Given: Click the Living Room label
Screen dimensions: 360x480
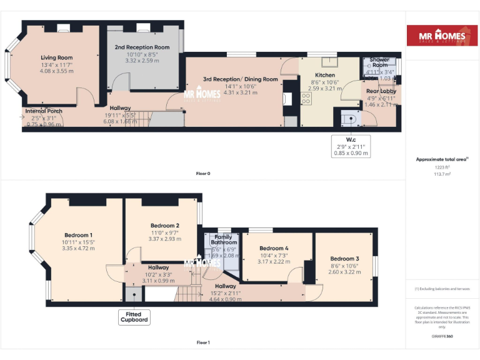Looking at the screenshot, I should pos(57,57).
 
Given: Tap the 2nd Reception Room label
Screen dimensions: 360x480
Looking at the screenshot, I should pos(142,47).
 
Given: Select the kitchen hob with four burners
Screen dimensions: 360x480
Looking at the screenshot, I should pos(306,98).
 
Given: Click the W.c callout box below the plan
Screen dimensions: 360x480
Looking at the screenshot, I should pos(351,146).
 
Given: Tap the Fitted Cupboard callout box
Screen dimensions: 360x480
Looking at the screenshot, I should pos(134,317).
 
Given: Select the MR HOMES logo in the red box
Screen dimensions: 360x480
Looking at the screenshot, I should pos(442,36).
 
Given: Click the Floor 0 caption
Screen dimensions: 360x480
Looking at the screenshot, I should pos(202,173).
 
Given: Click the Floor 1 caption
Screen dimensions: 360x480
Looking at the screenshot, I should pos(202,342).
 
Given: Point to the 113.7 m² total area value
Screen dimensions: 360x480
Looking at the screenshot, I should pos(442,174).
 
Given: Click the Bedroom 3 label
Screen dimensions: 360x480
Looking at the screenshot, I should pos(344,259).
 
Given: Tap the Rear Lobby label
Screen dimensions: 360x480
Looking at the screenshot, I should pos(381,91).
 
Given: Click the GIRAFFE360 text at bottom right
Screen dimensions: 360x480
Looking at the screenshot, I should pos(442,337).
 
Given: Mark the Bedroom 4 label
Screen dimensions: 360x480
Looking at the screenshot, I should pos(274,248).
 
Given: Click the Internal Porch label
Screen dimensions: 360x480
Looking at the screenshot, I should pos(44,111).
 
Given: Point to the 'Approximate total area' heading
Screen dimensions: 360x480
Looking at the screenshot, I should pos(441,160).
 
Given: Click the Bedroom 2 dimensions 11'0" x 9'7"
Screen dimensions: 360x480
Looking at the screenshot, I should pos(165,232).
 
